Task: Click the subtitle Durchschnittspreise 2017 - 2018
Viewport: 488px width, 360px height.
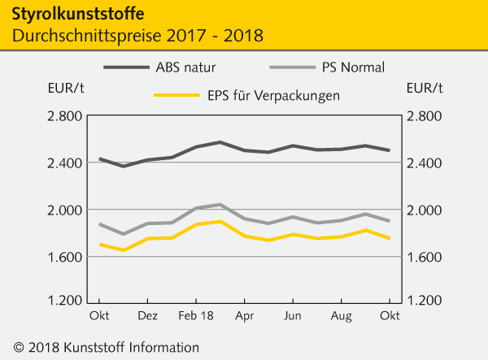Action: tap(137, 37)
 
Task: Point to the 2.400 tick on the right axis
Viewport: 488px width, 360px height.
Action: tap(424, 163)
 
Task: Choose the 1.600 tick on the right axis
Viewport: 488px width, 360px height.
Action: tap(424, 258)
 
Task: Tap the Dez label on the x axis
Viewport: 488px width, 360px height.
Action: tap(147, 313)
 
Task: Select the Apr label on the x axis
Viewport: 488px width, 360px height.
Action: tap(244, 313)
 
